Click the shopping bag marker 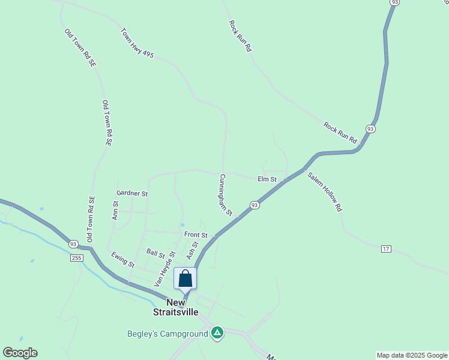(185, 279)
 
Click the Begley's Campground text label (167, 334)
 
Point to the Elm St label (267, 179)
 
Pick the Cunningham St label (225, 195)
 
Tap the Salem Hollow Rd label (324, 192)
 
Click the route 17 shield (385, 248)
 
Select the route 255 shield (76, 258)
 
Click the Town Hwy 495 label (137, 43)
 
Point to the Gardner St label (132, 194)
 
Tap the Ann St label (115, 210)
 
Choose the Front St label (196, 235)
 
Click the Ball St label (155, 254)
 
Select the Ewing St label (122, 259)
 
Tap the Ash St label (192, 250)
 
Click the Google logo (20, 353)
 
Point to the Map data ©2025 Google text (412, 355)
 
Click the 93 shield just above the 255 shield (73, 244)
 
